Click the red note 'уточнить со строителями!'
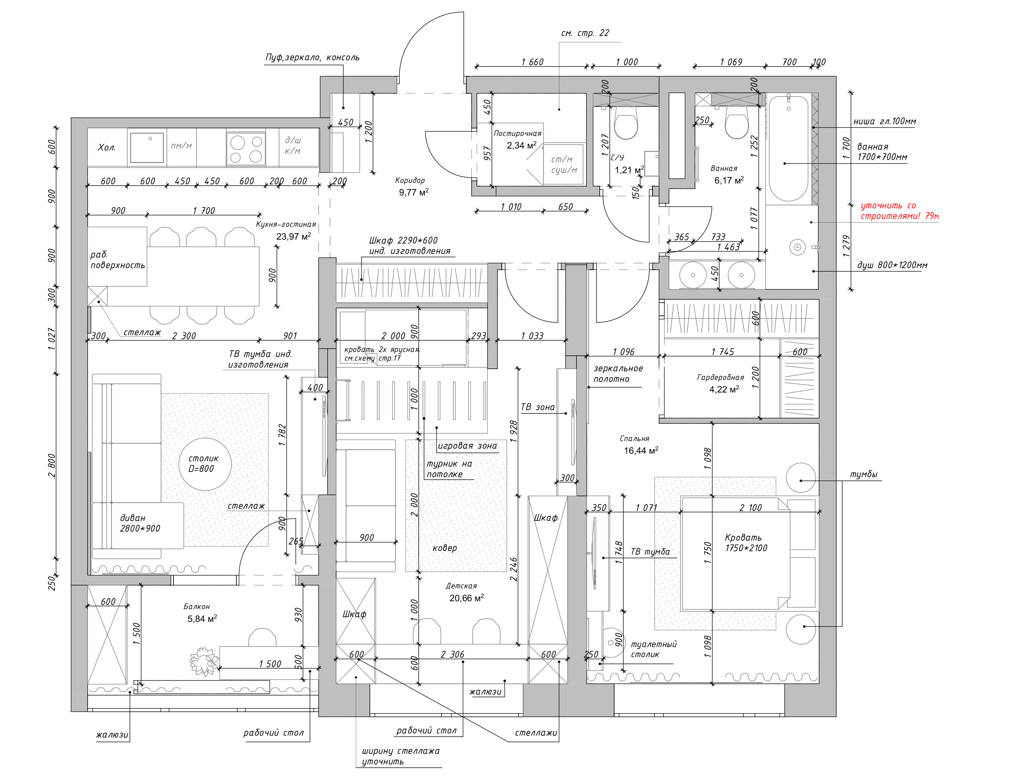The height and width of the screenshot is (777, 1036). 899,211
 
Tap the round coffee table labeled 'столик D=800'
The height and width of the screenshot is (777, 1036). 205,464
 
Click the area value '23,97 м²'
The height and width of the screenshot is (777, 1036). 293,236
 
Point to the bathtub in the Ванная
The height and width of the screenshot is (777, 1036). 789,149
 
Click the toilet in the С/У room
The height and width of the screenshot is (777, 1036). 625,123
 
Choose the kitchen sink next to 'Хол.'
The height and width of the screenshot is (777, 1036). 147,147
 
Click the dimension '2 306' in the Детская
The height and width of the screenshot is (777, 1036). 452,654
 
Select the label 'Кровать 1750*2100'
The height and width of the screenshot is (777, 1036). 746,542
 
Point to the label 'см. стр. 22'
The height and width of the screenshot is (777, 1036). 585,33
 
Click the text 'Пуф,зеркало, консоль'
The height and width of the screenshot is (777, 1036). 312,57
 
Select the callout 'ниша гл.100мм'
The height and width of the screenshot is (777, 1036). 884,121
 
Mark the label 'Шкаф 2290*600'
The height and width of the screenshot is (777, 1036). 403,240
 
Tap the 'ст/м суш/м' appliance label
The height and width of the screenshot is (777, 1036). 563,164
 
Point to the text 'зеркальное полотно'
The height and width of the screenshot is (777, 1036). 618,374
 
